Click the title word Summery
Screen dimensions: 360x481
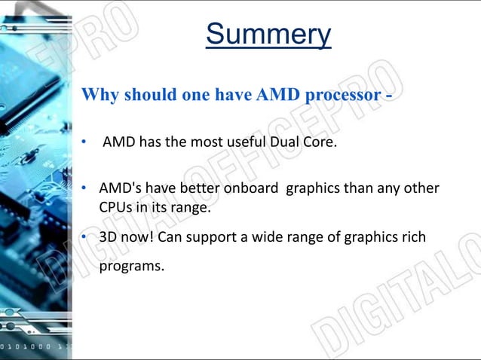268,34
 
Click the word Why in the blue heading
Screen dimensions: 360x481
97,95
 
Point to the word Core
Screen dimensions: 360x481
317,142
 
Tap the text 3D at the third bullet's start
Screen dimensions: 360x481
108,237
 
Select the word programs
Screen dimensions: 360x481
131,266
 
